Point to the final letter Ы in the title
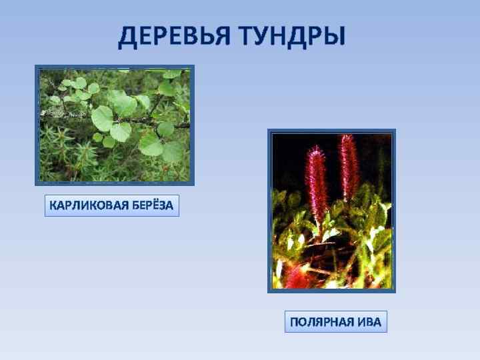[x=335, y=37]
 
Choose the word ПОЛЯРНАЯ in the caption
[x=322, y=323]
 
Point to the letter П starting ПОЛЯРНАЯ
[x=294, y=323]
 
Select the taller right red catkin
[x=348, y=167]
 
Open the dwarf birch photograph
[x=114, y=125]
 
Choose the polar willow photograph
[x=331, y=211]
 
